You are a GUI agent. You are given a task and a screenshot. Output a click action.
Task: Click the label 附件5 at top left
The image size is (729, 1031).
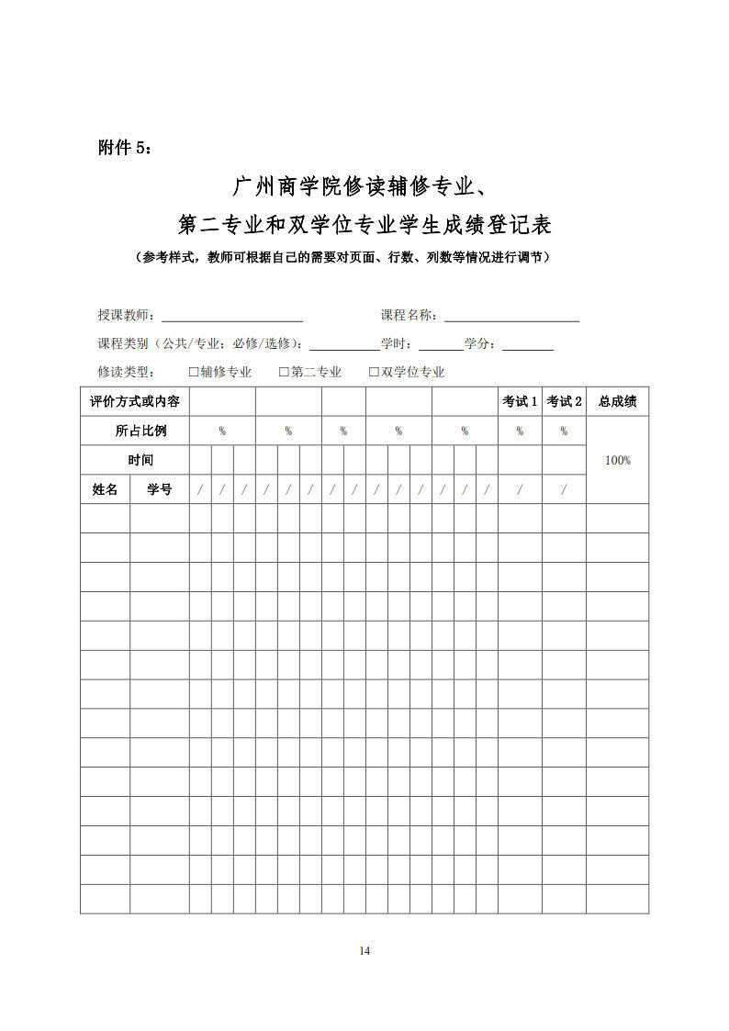point(127,148)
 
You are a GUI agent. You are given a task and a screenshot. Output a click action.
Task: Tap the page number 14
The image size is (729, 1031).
point(364,950)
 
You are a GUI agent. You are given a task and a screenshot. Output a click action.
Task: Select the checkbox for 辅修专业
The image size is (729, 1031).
point(194,372)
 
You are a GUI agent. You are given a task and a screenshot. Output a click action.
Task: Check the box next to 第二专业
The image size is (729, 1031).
point(285,372)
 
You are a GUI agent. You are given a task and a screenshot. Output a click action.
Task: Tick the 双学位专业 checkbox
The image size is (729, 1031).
point(374,372)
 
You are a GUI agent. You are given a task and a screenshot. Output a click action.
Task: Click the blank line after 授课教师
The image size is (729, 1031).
point(232,317)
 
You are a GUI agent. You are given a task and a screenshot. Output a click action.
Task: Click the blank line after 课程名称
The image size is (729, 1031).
point(511,317)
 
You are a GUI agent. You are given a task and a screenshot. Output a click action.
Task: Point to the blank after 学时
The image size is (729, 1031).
point(441,345)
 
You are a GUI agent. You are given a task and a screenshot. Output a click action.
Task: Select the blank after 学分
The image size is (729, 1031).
point(528,345)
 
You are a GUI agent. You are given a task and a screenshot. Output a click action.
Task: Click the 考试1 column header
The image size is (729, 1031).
point(520,401)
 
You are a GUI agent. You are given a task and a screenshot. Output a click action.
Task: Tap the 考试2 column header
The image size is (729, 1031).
point(564,401)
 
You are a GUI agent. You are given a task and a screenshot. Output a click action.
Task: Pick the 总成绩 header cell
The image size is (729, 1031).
point(617,401)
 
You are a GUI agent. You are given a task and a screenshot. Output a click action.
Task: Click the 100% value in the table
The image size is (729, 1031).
point(617,460)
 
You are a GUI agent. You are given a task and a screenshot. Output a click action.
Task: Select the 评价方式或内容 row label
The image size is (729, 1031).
point(135,401)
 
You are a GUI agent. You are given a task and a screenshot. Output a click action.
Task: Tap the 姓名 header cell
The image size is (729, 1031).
point(105,489)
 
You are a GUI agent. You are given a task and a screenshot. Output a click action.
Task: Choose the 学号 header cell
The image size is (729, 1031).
point(160,489)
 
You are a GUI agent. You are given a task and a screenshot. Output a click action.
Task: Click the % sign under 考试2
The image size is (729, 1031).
point(564,431)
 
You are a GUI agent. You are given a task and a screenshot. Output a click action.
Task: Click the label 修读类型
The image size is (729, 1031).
point(127,372)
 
